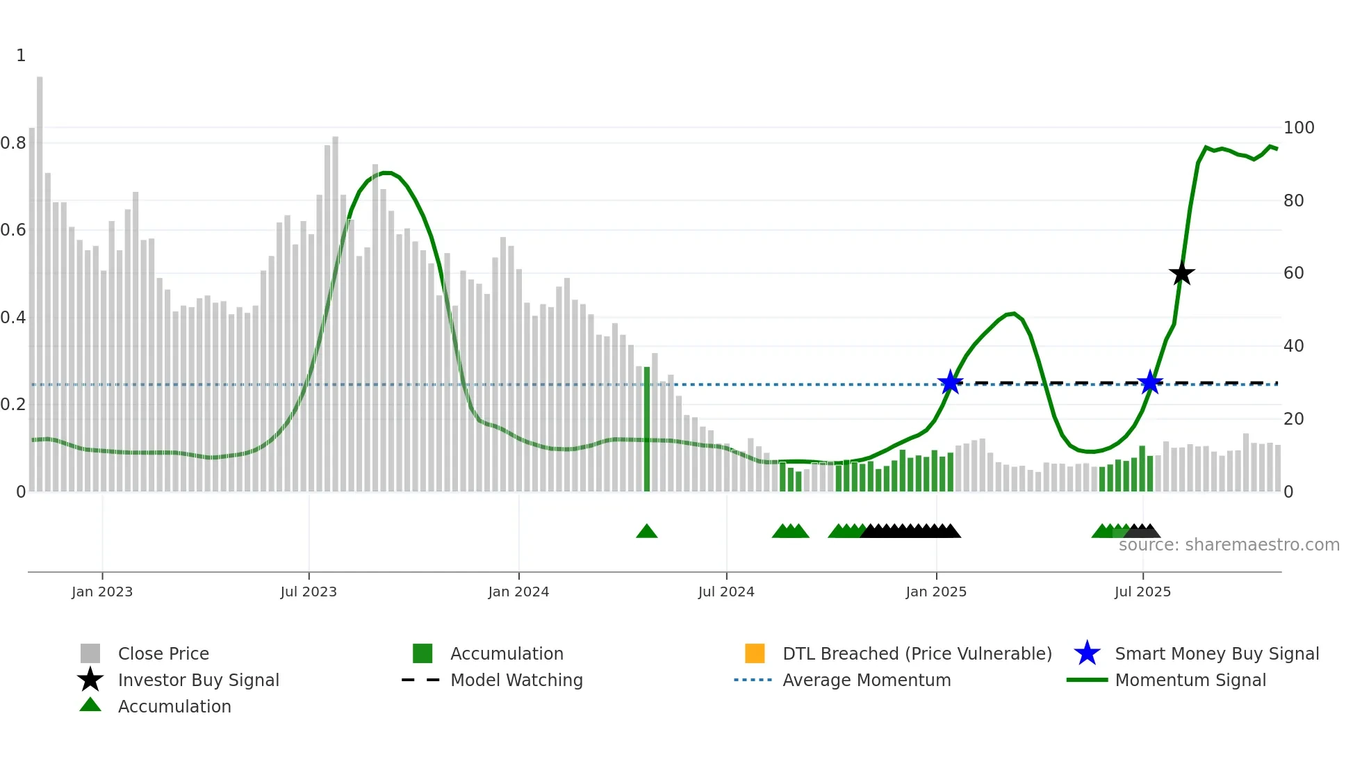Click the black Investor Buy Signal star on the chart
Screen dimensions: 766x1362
coord(1181,273)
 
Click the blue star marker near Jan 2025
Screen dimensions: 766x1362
coord(950,382)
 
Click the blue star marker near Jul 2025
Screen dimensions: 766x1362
coord(1150,382)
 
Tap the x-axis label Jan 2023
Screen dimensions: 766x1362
coord(102,592)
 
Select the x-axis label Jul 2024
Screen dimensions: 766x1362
coord(726,592)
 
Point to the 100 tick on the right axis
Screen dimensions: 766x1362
coord(1298,128)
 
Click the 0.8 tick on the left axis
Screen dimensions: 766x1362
coord(14,143)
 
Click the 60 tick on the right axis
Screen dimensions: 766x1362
coord(1293,273)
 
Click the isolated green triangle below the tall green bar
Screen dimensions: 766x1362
coord(647,532)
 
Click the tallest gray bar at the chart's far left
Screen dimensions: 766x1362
coord(40,278)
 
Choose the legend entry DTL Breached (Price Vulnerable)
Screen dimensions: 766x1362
coord(917,653)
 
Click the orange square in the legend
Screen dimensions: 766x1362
coord(755,653)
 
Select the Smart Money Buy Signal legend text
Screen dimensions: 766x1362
coord(1216,653)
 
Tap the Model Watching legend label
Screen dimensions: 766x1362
coord(516,680)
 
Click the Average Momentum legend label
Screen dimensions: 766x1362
coord(867,680)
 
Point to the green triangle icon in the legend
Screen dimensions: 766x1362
coord(90,705)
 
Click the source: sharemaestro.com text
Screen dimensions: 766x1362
coord(1229,545)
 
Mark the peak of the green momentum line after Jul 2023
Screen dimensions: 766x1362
coord(386,172)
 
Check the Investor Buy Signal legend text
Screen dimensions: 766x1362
coord(198,680)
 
